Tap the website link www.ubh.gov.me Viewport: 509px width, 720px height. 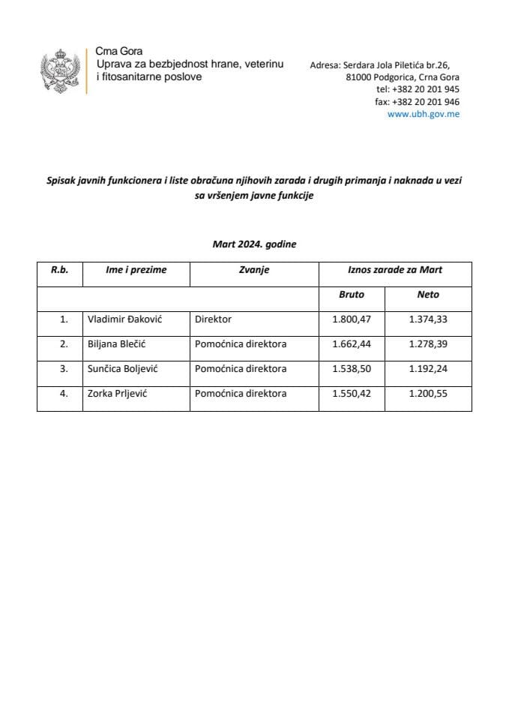(424, 114)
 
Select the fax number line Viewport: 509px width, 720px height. (418, 102)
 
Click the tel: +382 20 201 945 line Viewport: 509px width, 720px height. (418, 89)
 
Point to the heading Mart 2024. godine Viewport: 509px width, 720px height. (254, 244)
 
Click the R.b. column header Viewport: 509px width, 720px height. (60, 270)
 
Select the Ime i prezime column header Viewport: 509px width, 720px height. (136, 270)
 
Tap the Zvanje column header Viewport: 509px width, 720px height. (254, 270)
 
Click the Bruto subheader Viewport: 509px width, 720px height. (352, 295)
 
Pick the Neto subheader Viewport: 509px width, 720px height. (428, 295)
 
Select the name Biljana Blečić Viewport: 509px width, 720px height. (121, 344)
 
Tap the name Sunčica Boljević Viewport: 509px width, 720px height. (124, 369)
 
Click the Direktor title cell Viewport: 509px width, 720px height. (213, 319)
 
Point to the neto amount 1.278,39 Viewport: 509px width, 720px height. (428, 344)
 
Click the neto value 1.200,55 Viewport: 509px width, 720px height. (428, 394)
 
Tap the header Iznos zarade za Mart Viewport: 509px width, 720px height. (395, 270)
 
